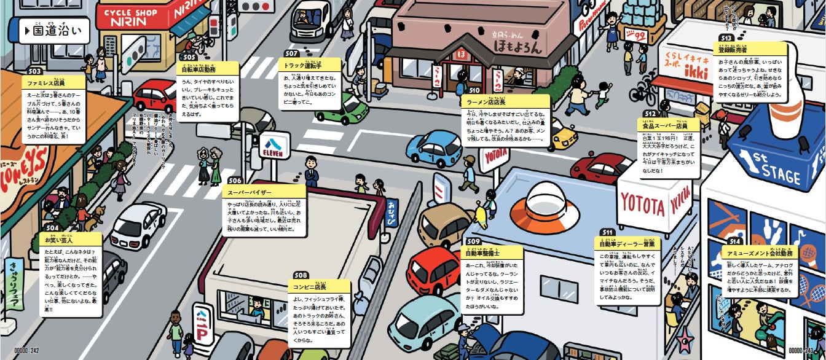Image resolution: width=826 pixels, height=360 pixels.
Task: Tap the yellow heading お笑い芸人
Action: click(x=61, y=240)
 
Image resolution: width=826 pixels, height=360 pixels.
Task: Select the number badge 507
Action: click(x=291, y=53)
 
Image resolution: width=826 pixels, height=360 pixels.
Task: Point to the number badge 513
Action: click(x=725, y=37)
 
